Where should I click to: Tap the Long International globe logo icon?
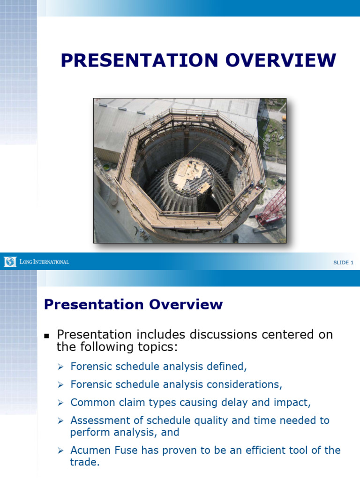(10, 262)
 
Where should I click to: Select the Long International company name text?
(45, 262)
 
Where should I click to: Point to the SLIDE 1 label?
(343, 262)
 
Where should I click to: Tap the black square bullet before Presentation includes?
(46, 336)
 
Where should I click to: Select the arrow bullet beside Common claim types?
(60, 403)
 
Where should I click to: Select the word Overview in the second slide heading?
(187, 305)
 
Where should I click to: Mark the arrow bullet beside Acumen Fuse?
(60, 450)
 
